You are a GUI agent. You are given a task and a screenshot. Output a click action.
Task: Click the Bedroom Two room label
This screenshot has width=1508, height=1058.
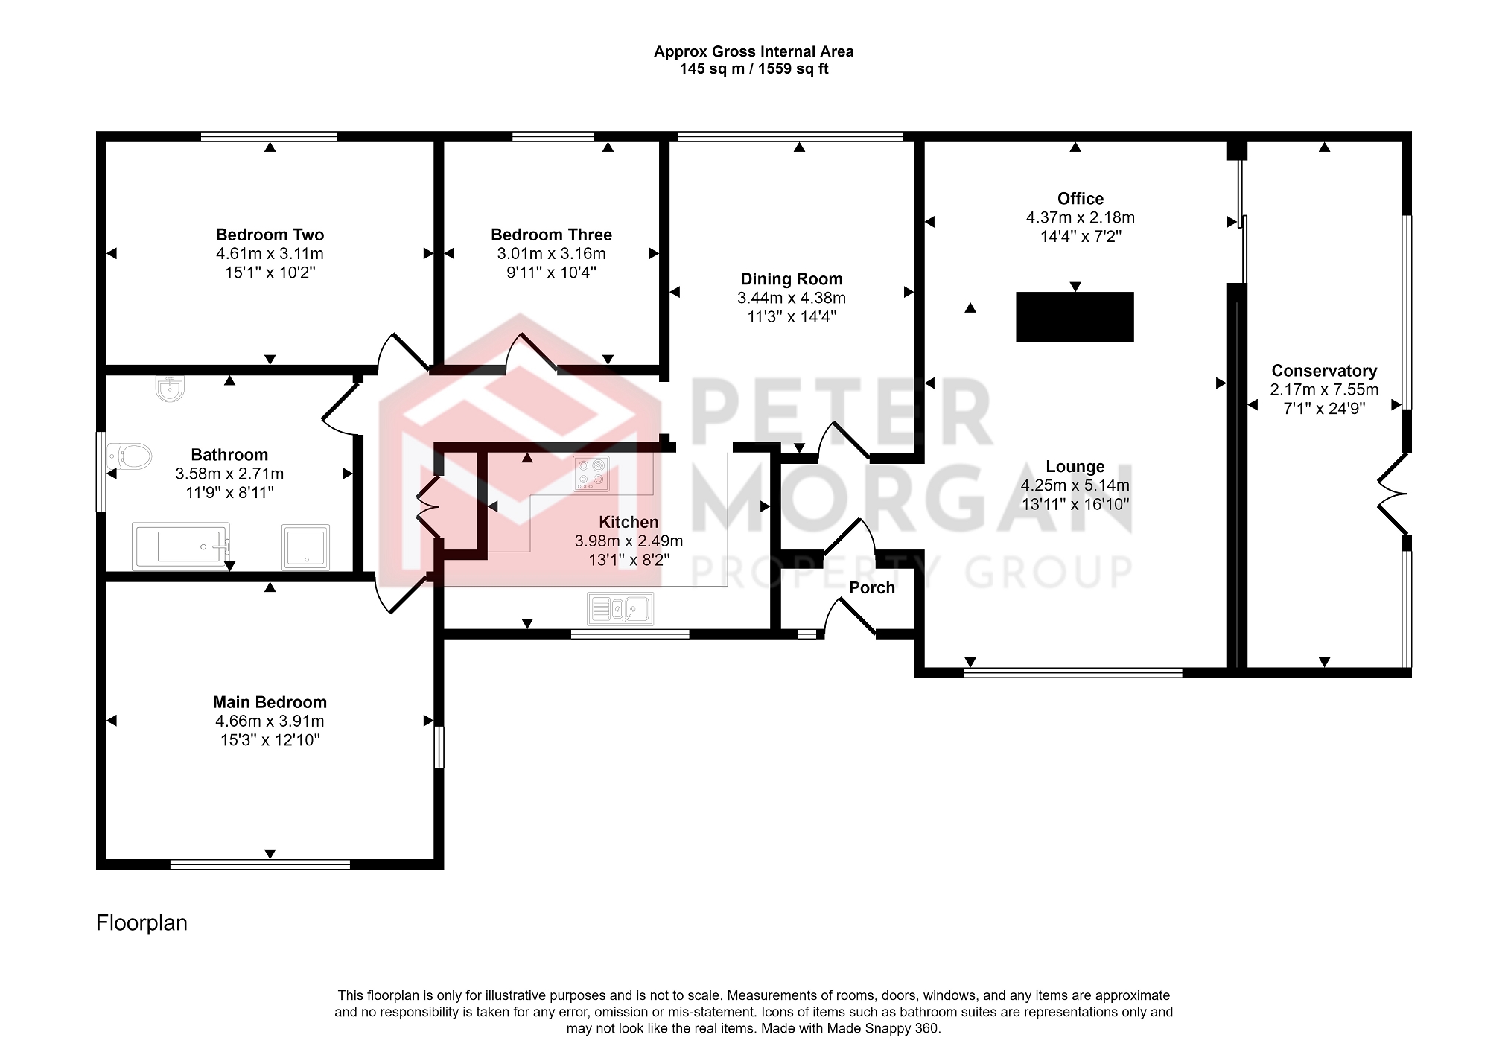click(x=270, y=235)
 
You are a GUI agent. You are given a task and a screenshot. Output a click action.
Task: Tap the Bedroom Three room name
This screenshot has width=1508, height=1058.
click(x=551, y=235)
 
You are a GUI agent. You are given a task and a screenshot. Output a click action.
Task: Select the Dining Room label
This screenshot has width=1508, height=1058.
click(x=792, y=279)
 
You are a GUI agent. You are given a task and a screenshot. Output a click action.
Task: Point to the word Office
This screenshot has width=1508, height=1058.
click(x=1081, y=199)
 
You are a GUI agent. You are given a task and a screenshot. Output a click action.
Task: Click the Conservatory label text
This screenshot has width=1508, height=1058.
click(x=1324, y=371)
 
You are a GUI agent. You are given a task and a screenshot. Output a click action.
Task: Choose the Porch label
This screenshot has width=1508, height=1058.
click(x=872, y=587)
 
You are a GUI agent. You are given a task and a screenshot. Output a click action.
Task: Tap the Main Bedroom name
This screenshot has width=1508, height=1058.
click(x=270, y=702)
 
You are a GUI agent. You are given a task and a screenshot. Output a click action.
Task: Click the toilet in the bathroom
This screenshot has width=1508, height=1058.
click(x=130, y=456)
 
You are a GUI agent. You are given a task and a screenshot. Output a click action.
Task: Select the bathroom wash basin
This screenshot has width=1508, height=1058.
click(x=171, y=389)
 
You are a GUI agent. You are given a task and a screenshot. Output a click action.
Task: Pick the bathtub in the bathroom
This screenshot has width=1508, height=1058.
click(x=181, y=546)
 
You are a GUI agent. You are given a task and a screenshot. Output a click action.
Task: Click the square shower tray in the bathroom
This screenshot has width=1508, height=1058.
click(x=305, y=547)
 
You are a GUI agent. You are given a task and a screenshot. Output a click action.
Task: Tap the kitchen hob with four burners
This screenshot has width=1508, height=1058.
click(x=591, y=474)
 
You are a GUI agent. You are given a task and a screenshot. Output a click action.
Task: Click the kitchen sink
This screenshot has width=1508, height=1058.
click(x=620, y=609)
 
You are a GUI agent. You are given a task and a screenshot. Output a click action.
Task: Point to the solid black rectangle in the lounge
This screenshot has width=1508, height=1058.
click(x=1075, y=316)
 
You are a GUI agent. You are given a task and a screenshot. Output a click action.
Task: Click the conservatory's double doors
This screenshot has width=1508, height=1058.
click(x=1391, y=493)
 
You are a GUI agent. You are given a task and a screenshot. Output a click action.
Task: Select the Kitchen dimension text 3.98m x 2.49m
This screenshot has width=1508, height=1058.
click(x=629, y=541)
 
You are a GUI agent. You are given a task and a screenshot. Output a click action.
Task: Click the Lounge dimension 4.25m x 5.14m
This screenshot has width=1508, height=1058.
click(x=1075, y=485)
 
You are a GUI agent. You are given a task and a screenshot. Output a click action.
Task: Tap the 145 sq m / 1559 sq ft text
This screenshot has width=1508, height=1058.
click(x=754, y=69)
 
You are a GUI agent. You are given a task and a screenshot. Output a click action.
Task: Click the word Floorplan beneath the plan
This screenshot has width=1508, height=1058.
click(x=141, y=923)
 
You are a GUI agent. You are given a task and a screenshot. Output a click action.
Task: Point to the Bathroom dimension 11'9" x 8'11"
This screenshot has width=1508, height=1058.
click(x=229, y=492)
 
